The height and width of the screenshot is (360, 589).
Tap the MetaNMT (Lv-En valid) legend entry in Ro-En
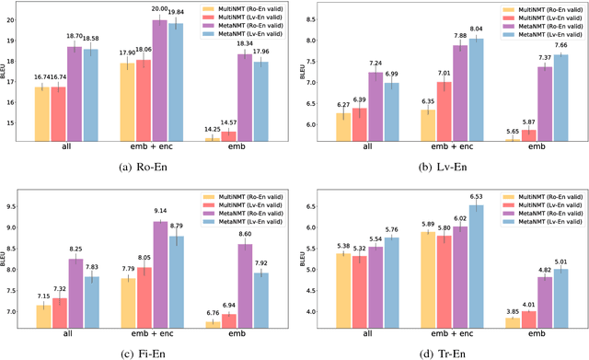click(x=247, y=34)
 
